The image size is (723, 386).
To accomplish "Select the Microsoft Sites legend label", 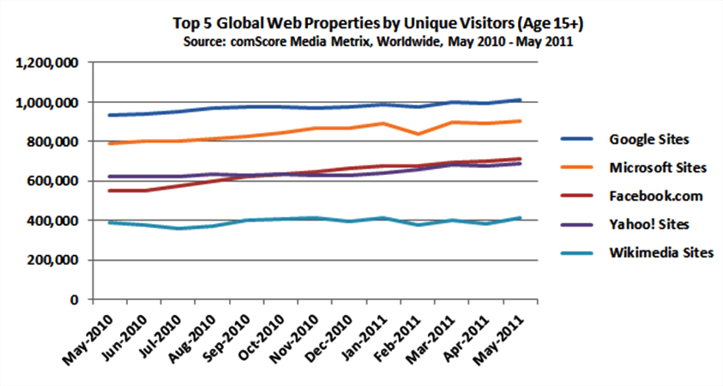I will click(656, 167).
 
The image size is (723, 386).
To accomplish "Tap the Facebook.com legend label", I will click(654, 196).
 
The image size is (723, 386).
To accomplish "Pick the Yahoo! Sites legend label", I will click(648, 224).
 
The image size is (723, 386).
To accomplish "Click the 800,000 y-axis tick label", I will click(54, 142).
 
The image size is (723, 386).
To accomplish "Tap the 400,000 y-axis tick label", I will click(54, 220).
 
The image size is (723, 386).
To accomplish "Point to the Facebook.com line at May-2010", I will click(100, 190).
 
